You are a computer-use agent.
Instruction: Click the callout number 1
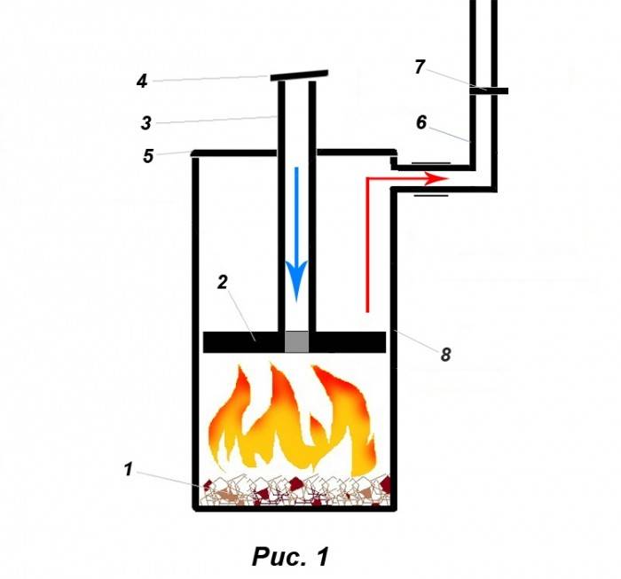129,469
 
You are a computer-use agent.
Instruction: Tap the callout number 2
223,282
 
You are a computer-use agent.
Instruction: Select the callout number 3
146,122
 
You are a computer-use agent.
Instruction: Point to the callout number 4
142,82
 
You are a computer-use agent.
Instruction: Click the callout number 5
148,156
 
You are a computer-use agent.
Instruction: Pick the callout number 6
421,122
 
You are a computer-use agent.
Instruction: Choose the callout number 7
420,67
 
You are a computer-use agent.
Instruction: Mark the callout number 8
446,354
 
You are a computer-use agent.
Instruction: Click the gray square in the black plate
296,341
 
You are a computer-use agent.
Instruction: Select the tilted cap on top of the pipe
300,75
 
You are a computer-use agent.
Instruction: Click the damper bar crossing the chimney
489,91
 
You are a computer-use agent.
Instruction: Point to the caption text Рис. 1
291,557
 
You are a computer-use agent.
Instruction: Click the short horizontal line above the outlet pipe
431,162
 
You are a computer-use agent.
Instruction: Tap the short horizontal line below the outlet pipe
431,195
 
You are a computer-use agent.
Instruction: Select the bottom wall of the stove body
295,509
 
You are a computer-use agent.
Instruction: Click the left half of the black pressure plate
244,342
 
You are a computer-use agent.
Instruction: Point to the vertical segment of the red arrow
367,246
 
